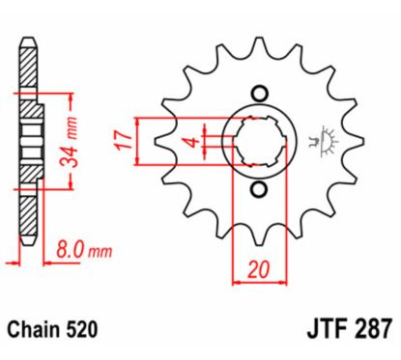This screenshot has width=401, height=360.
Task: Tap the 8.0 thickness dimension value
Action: [65, 251]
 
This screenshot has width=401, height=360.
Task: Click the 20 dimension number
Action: [257, 272]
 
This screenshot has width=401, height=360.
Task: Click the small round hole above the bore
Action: [258, 94]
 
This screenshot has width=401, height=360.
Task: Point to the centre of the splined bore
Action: [257, 141]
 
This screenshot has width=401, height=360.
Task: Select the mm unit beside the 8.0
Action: [100, 252]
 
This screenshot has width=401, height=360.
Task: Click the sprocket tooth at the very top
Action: [257, 43]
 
